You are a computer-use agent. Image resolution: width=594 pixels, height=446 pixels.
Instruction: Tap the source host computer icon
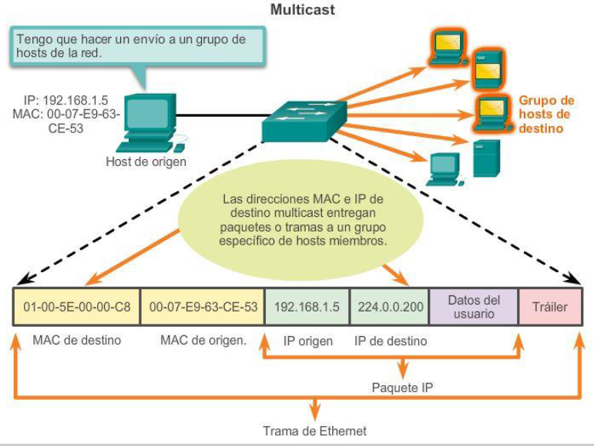[147, 123]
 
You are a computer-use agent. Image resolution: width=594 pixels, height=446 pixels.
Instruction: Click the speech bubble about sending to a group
[138, 45]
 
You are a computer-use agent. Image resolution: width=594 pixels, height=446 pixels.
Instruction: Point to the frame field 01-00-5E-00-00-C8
[77, 307]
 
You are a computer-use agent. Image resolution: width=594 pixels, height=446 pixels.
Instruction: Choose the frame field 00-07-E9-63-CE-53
[203, 307]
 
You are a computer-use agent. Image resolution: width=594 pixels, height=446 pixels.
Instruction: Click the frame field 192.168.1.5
[307, 307]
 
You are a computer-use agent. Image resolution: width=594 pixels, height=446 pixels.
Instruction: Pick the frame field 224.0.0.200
[391, 307]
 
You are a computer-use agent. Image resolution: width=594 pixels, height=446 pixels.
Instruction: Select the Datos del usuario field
[474, 307]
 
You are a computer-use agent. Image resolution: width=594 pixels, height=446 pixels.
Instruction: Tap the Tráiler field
[550, 307]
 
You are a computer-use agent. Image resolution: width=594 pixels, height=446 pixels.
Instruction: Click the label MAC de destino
[76, 340]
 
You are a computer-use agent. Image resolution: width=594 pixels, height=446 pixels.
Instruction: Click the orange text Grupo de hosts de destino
[545, 115]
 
